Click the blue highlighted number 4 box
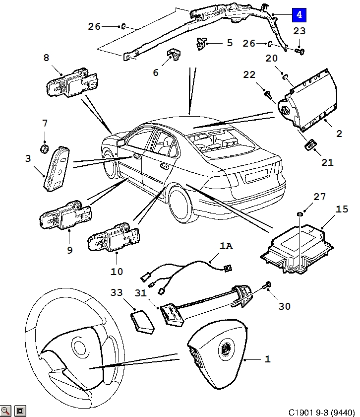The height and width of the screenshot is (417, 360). pyautogui.click(x=299, y=14)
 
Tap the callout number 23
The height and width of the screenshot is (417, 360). pyautogui.click(x=299, y=31)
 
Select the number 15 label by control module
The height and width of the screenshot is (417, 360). pyautogui.click(x=342, y=209)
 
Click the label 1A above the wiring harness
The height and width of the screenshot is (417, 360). pyautogui.click(x=226, y=246)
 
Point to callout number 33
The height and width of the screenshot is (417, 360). pyautogui.click(x=117, y=292)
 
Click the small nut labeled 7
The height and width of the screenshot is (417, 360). pyautogui.click(x=44, y=148)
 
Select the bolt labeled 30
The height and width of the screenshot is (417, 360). pyautogui.click(x=267, y=285)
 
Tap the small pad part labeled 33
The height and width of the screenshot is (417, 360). pyautogui.click(x=143, y=323)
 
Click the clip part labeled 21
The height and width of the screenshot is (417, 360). pyautogui.click(x=310, y=144)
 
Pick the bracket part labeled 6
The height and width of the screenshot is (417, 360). pyautogui.click(x=173, y=55)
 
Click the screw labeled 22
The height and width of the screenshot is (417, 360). pyautogui.click(x=268, y=95)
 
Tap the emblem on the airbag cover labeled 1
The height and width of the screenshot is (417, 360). pyautogui.click(x=226, y=349)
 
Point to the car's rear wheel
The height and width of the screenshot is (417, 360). pyautogui.click(x=180, y=204)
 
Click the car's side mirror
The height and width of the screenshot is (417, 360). pyautogui.click(x=120, y=142)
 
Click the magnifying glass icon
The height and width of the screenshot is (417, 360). pyautogui.click(x=5, y=411)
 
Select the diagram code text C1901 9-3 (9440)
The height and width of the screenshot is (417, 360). pyautogui.click(x=321, y=412)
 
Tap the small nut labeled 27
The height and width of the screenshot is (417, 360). pyautogui.click(x=300, y=213)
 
